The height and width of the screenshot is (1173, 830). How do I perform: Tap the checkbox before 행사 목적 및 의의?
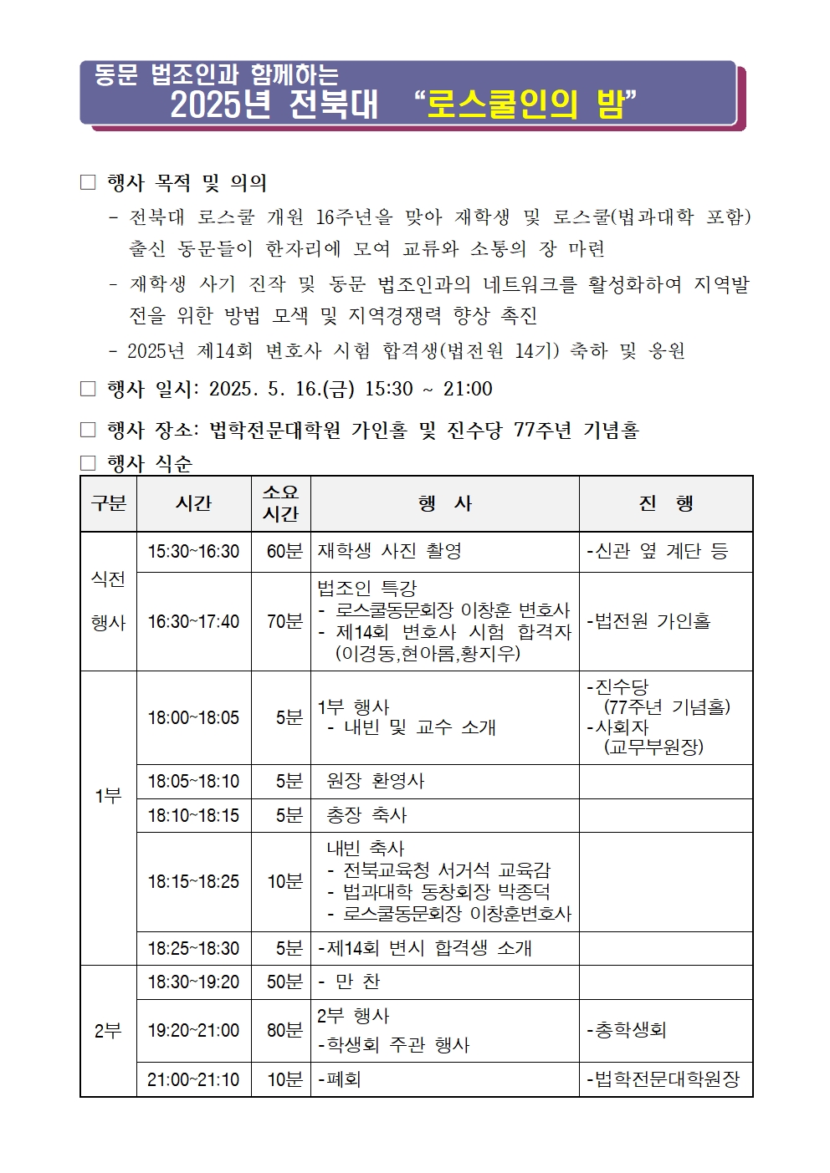pos(88,182)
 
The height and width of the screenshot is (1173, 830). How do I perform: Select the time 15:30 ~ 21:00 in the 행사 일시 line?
pos(428,389)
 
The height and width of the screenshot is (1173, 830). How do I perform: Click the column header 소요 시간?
pos(280,503)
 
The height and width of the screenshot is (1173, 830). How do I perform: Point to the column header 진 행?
pos(666,503)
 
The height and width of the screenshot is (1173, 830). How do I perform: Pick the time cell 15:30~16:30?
pos(193,552)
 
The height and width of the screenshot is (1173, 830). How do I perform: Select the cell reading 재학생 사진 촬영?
pos(390,552)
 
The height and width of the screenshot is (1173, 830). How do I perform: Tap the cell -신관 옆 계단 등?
pos(658,552)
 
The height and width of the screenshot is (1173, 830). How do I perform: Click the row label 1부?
pos(108,796)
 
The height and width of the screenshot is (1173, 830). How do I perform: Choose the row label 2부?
pos(108,1031)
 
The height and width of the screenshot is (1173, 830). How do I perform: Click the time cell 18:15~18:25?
pos(193,882)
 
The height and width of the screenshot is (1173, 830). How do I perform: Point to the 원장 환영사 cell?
pos(376,781)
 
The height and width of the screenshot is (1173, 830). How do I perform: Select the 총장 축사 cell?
pos(366,815)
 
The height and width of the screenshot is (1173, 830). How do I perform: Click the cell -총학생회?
pos(627,1031)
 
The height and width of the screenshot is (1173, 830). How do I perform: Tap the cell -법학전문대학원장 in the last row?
pos(663,1079)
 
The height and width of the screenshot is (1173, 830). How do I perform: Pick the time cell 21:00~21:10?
pos(193,1079)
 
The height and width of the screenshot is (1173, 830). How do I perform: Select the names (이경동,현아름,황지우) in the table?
pos(428,654)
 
